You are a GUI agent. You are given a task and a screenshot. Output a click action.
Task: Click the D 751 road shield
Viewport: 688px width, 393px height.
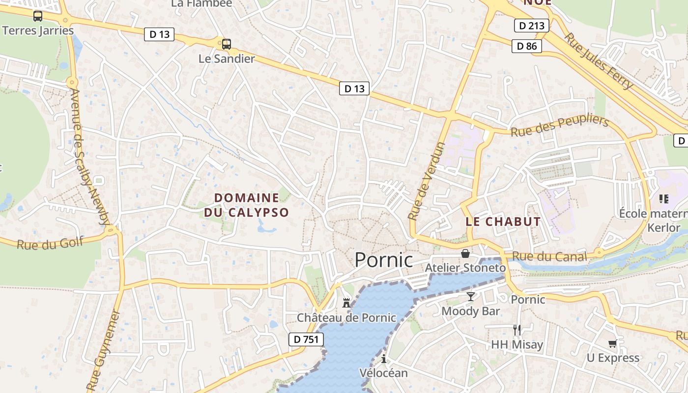point(306,339)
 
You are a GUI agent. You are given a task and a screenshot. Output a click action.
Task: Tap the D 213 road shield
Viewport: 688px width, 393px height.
point(532,26)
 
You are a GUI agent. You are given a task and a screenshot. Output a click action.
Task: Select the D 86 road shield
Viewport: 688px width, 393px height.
point(527,46)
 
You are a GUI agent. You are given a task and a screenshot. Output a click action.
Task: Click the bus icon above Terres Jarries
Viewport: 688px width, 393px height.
point(38,16)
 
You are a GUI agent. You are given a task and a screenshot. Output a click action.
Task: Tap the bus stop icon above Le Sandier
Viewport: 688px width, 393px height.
point(226,44)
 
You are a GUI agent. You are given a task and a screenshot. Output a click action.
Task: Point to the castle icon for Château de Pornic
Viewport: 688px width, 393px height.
point(346,303)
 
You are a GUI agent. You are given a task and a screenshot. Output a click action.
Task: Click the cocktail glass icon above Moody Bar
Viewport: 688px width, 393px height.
point(471,296)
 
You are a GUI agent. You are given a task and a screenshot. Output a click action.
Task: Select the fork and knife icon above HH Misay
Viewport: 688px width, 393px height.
point(516,330)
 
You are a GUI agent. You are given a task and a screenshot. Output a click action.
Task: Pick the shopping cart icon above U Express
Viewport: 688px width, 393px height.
point(612,343)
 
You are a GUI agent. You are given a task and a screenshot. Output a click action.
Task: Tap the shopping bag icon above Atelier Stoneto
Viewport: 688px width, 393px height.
point(465,253)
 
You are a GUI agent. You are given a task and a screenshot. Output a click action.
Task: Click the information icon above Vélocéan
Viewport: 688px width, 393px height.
point(384,359)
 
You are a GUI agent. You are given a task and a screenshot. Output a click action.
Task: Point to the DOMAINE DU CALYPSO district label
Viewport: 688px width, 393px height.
point(246,205)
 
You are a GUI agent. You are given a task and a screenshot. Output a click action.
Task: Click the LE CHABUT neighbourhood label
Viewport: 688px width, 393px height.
point(503,222)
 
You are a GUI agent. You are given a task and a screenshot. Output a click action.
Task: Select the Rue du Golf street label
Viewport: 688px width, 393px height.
point(50,243)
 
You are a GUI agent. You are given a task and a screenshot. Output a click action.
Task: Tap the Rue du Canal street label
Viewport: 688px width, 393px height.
point(549,256)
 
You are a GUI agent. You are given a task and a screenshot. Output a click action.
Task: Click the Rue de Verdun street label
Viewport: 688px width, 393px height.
point(427,181)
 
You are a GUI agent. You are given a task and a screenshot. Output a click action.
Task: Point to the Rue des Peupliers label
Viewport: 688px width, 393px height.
point(560,126)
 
